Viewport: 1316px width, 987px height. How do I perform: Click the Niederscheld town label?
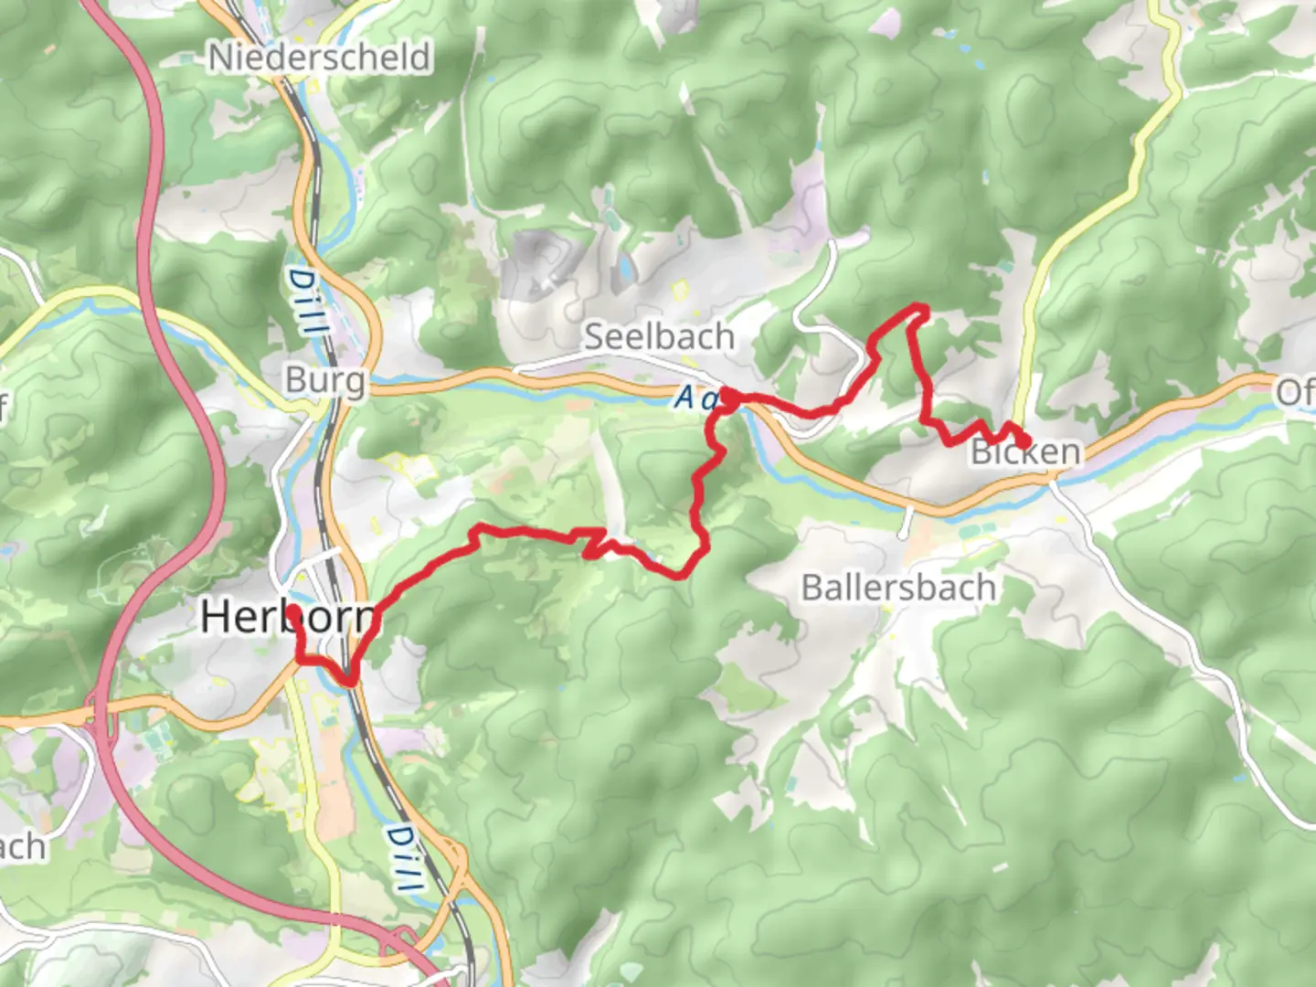click(x=319, y=58)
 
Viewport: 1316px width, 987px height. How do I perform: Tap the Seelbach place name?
click(x=659, y=336)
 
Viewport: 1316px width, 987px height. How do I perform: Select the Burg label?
click(x=324, y=379)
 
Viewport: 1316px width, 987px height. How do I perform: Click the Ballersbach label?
click(x=898, y=587)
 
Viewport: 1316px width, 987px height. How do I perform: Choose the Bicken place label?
click(x=1025, y=451)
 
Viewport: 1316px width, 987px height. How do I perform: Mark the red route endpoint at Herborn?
click(x=294, y=611)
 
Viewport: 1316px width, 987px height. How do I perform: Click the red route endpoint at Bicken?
click(x=1025, y=443)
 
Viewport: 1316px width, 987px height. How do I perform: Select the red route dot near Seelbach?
click(x=730, y=398)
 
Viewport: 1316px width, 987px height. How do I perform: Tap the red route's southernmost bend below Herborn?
click(x=348, y=679)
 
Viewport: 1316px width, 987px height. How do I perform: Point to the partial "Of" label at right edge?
click(x=1295, y=392)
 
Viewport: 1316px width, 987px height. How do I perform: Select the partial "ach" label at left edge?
click(x=22, y=846)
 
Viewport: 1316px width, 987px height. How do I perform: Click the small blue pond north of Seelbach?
click(x=624, y=267)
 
